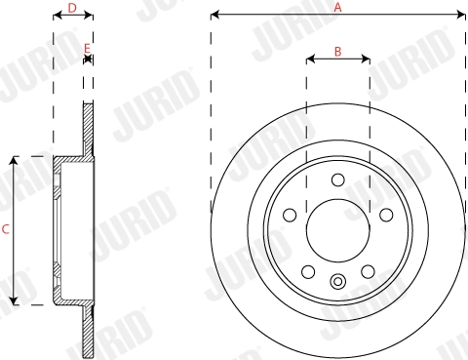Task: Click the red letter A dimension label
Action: tap(338, 6)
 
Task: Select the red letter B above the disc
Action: tap(337, 51)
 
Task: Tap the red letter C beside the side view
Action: tap(6, 230)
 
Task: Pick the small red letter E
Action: tap(88, 47)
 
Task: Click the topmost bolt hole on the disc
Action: tap(337, 180)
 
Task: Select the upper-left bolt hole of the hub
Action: tap(291, 215)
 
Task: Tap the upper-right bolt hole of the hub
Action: tap(385, 215)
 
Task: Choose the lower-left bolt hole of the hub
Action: tap(308, 271)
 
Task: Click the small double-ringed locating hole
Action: tap(337, 283)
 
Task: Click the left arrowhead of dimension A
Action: tap(214, 16)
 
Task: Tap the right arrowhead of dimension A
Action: tap(463, 16)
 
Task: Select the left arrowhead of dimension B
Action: tap(309, 60)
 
